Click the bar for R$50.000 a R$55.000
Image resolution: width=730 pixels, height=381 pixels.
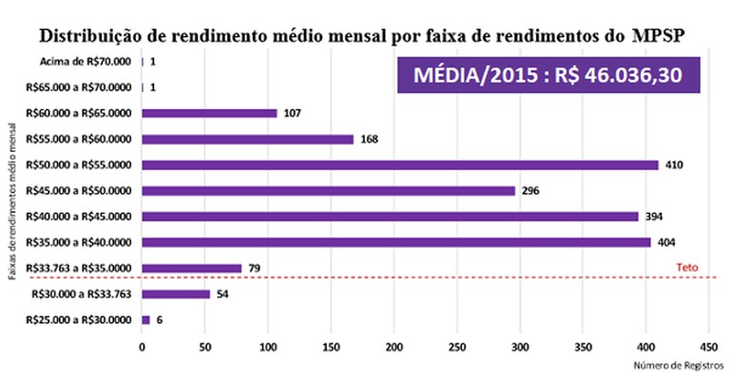coord(399,164)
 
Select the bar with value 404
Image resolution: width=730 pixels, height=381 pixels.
coord(396,241)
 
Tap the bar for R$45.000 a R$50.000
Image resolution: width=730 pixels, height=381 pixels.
coord(328,190)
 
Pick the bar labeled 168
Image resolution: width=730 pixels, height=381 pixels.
coord(247,139)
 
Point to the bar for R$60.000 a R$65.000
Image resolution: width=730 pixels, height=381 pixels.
coord(209,113)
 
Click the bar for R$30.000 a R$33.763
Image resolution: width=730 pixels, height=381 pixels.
coord(176,294)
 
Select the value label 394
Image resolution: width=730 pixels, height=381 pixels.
coord(654,216)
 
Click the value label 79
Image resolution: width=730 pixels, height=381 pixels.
coord(255,268)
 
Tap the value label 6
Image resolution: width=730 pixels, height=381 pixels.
coord(159,319)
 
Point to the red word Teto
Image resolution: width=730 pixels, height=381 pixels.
coord(686,269)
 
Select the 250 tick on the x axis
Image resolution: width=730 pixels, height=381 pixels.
coord(457,347)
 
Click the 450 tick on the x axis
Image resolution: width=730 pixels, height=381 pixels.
coord(708,347)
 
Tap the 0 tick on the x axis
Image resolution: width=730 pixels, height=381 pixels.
coord(142,347)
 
